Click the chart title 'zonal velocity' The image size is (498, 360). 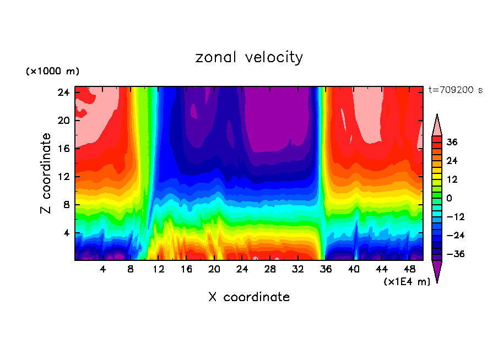(x=249, y=57)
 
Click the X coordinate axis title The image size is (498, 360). (x=249, y=297)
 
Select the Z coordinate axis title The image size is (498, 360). (x=46, y=173)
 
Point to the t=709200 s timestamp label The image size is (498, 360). (x=456, y=90)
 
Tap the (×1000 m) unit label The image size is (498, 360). (x=52, y=72)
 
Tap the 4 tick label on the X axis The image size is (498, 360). (x=102, y=270)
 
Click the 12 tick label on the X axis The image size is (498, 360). (x=159, y=270)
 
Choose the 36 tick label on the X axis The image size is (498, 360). (x=326, y=270)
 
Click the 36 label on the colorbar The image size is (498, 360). (x=452, y=142)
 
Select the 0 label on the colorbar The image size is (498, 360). (x=450, y=198)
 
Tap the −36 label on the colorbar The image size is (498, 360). (x=454, y=254)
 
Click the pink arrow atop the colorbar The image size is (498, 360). (x=437, y=125)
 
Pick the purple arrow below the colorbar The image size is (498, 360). (x=437, y=271)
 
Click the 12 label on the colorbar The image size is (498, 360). (x=452, y=179)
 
